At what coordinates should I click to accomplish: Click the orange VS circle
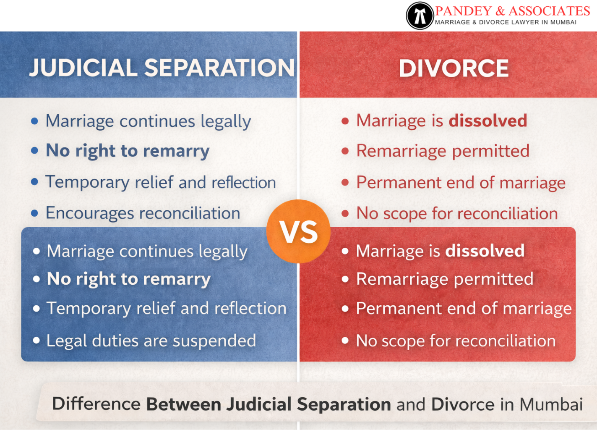[298, 231]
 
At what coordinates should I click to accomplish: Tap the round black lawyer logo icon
[420, 16]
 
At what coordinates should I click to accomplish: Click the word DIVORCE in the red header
[454, 68]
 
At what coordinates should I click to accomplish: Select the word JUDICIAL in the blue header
[83, 68]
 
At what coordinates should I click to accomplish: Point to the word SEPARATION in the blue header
[219, 68]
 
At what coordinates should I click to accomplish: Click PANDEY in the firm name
[463, 10]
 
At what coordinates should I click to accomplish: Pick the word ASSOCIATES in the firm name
[550, 10]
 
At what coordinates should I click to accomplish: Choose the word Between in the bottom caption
[183, 404]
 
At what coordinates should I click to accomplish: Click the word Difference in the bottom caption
[96, 404]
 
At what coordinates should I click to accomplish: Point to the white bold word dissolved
[485, 251]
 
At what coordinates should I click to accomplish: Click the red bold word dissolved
[488, 121]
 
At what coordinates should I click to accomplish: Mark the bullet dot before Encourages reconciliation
[35, 213]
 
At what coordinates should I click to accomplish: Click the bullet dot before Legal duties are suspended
[36, 341]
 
